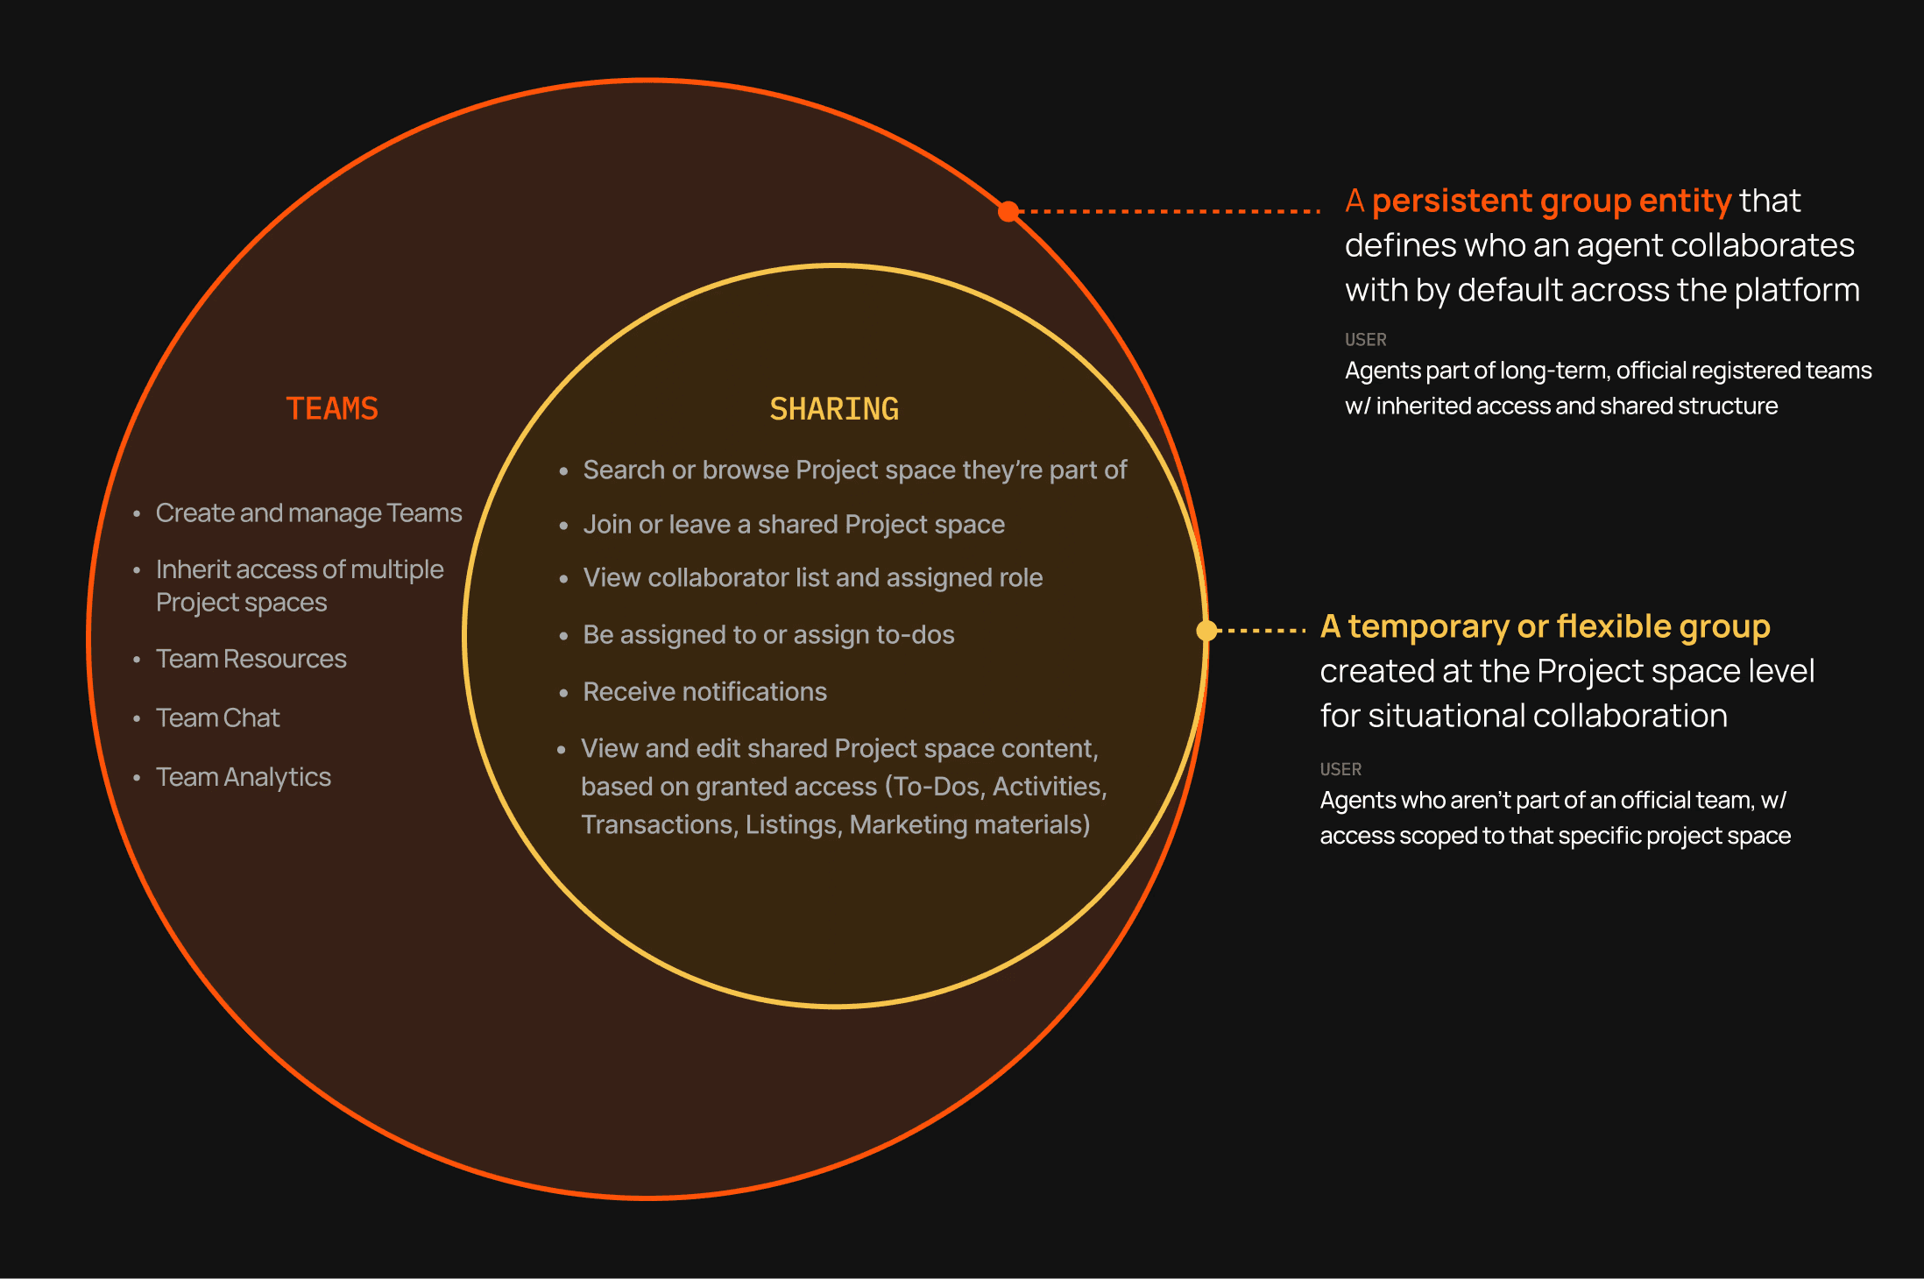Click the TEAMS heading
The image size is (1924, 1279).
332,409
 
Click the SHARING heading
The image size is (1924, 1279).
833,409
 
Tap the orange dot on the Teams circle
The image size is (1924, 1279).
1008,211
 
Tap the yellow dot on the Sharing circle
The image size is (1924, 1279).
1206,630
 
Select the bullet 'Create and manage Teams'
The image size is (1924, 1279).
308,512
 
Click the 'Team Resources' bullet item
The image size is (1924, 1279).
251,659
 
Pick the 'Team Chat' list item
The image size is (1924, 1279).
217,718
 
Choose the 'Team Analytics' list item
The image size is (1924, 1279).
243,777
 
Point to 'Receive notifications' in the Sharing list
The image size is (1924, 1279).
704,692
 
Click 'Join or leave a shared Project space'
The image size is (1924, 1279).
794,525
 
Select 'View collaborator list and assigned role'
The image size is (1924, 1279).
812,578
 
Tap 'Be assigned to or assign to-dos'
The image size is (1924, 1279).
768,635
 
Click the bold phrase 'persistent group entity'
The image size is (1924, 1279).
1551,201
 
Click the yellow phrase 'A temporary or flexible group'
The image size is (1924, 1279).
1545,626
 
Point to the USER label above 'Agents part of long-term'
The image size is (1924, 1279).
1365,339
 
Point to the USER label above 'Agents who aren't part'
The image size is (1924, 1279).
1340,769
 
